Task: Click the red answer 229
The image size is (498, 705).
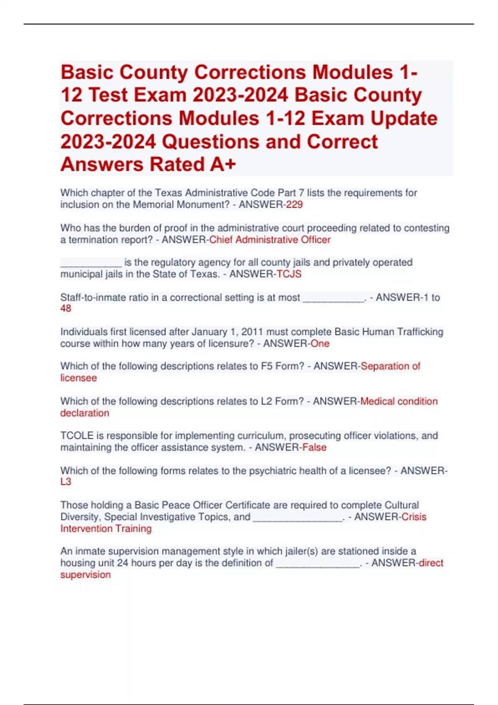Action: coord(294,204)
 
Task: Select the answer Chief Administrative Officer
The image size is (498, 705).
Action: coord(270,240)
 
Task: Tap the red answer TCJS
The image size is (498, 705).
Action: coord(289,274)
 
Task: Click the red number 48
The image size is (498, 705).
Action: coord(66,309)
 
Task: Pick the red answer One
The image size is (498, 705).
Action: coord(320,343)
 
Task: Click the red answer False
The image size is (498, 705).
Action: coord(314,447)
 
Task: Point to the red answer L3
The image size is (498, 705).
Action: coord(66,482)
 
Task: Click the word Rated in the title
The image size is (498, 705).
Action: coord(177,164)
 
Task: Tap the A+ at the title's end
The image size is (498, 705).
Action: coord(223,164)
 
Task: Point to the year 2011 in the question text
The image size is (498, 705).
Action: coord(252,332)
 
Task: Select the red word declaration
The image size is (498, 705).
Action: coord(85,413)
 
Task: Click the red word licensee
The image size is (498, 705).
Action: coord(78,378)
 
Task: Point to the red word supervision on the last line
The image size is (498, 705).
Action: coord(85,575)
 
